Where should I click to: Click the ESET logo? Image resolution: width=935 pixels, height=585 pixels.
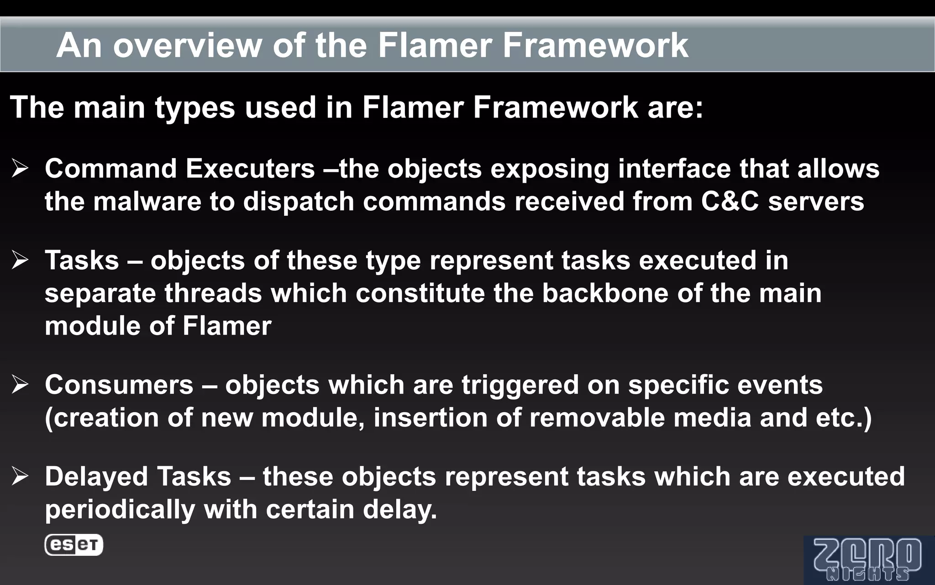(74, 545)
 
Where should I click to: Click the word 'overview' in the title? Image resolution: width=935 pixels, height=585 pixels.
(188, 45)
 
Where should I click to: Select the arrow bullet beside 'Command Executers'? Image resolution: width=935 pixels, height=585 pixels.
(21, 169)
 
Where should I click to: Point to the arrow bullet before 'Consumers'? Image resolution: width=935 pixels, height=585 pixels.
(21, 385)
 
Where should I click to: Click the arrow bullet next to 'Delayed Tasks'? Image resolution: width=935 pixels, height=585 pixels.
(21, 476)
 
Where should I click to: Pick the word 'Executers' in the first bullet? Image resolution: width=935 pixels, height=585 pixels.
(250, 169)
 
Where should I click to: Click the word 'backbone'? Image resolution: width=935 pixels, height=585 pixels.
(605, 293)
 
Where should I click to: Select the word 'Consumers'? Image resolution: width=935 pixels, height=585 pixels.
(119, 385)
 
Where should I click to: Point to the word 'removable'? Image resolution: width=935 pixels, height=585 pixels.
(597, 418)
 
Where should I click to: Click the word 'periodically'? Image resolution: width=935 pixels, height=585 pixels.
(120, 510)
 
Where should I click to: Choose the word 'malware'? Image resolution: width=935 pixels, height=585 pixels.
(147, 202)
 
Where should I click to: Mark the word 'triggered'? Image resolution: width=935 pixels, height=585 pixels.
(520, 385)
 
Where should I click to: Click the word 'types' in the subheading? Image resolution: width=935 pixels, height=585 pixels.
(195, 108)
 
